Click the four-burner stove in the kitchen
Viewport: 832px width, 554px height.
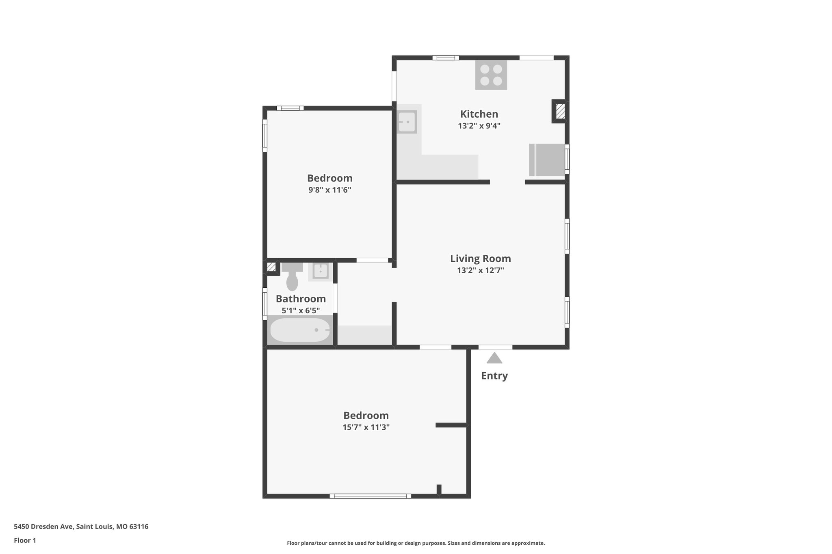coord(491,75)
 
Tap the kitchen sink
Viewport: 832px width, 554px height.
coord(407,121)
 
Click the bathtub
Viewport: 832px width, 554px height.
coord(300,330)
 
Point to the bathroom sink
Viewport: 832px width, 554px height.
coord(321,271)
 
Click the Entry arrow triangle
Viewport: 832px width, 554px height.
coord(494,358)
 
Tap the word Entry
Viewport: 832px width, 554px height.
coord(494,376)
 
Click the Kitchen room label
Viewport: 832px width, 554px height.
coord(479,114)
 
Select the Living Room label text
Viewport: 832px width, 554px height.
coord(480,259)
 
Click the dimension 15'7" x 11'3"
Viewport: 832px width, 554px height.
coord(366,427)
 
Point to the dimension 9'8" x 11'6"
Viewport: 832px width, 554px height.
coord(329,190)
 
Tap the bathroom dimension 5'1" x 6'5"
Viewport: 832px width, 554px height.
coord(301,310)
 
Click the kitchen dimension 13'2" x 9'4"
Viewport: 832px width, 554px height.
coord(479,126)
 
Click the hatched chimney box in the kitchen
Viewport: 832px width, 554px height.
coord(560,111)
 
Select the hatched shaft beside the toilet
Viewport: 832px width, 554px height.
coord(271,267)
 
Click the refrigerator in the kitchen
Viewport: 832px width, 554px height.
coord(547,160)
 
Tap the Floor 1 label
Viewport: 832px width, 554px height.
coord(25,540)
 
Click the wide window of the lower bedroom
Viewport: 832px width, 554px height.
coord(370,496)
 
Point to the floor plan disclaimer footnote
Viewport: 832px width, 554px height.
coord(416,543)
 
